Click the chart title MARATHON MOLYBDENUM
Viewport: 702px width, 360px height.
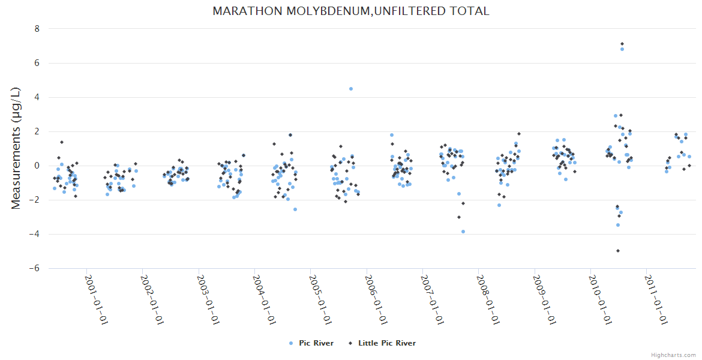pos(350,11)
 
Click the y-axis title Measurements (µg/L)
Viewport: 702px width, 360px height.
pos(16,148)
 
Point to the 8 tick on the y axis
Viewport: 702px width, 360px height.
pos(37,29)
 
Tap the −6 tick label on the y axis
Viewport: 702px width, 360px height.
pos(34,268)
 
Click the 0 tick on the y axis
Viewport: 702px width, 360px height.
pos(37,166)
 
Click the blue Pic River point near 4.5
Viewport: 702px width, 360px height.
pos(351,89)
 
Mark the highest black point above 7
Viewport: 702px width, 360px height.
pos(622,44)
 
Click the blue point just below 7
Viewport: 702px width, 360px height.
pos(622,49)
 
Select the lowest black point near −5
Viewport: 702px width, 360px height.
pos(618,251)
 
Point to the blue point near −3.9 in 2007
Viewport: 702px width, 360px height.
pos(463,232)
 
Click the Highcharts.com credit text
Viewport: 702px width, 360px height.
pos(673,355)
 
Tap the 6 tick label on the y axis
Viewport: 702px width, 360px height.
pos(37,63)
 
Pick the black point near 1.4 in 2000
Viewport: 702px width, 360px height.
pos(62,142)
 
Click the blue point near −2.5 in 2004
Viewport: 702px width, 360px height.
pos(295,209)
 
